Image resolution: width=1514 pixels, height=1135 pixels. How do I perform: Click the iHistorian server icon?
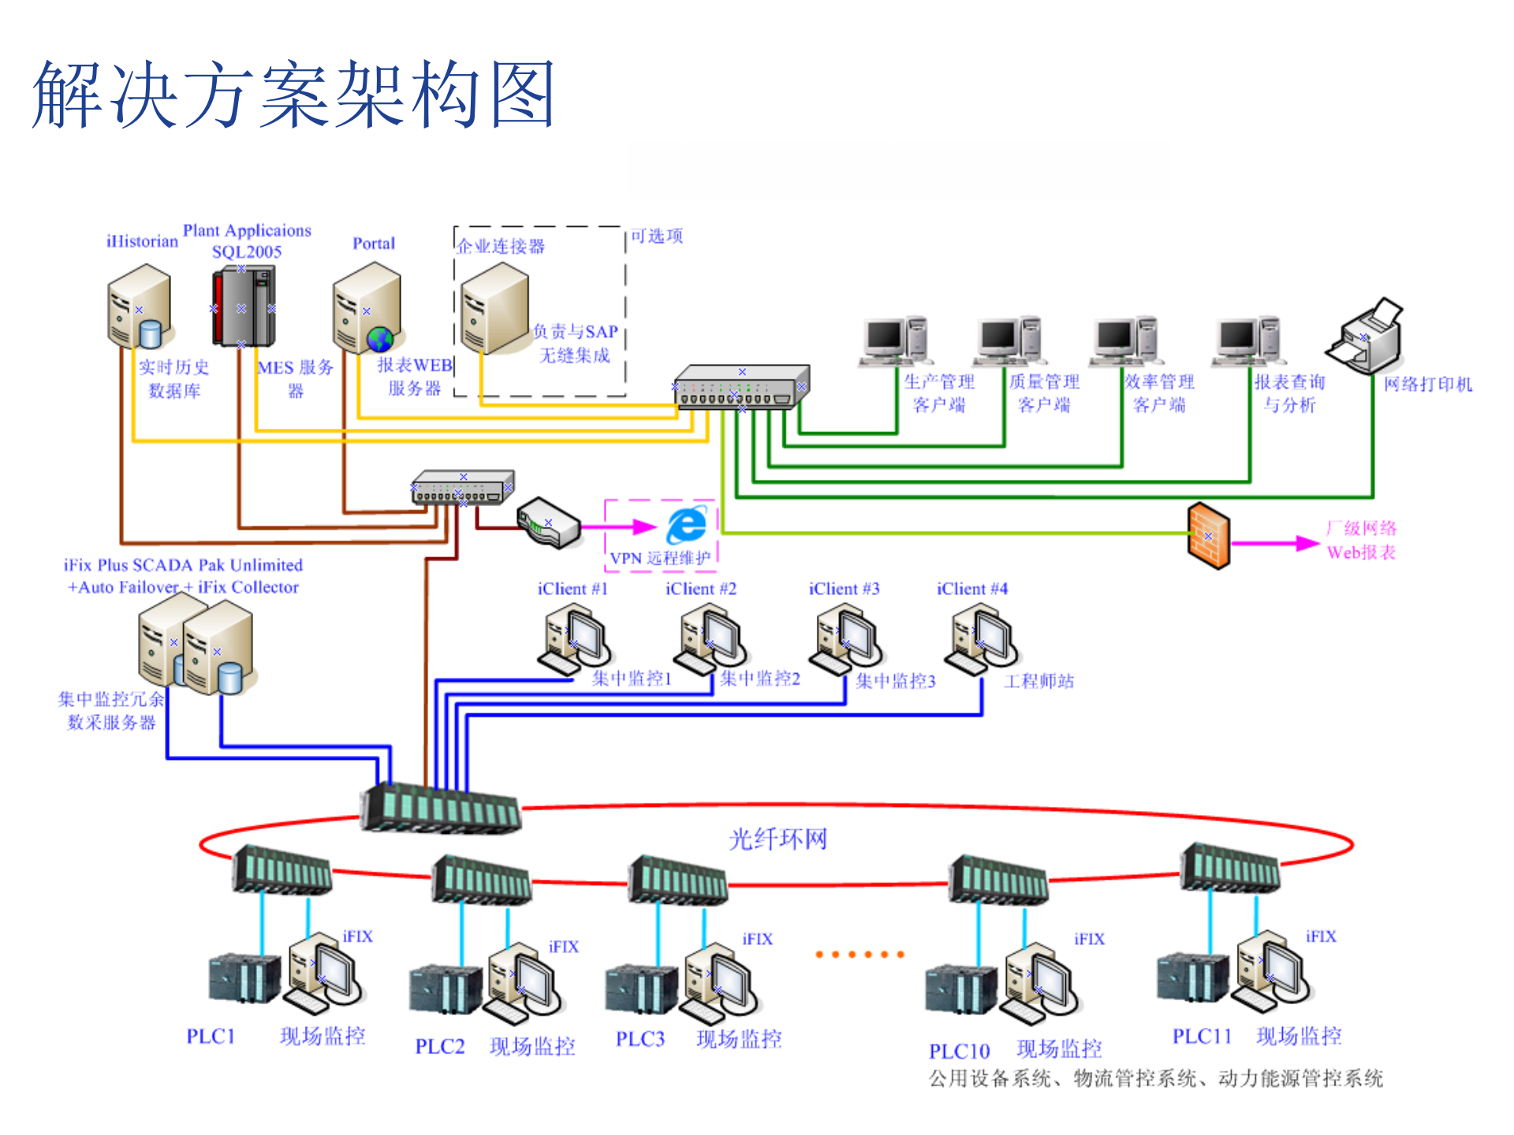coord(140,307)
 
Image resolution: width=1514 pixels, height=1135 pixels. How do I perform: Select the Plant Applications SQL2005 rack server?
coord(243,307)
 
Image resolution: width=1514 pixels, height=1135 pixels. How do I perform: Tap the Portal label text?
coord(374,244)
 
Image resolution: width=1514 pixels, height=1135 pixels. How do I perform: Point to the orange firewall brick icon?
coord(1208,536)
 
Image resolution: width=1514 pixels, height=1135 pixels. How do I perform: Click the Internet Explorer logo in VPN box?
coord(686,525)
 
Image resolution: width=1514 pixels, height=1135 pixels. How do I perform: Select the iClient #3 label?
coord(844,589)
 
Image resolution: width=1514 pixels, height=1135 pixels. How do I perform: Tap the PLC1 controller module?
coord(244,978)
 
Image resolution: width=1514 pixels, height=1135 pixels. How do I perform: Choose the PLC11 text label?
coord(1201,1036)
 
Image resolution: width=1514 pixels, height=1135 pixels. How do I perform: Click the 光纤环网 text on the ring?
coord(778,839)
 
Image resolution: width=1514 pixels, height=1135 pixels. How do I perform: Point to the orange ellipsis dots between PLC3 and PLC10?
coord(859,955)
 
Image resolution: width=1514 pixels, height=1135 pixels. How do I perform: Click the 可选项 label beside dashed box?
coord(656,236)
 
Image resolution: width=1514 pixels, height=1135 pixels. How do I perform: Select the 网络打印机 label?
coord(1427,385)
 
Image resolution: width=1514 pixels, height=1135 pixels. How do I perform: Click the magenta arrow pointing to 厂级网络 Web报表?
coord(1274,543)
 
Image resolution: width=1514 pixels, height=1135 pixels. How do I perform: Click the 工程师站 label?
coord(1039,681)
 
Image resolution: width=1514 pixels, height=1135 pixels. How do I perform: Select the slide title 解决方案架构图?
coord(293,95)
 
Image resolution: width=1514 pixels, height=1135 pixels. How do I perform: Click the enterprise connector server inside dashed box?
coord(494,309)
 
